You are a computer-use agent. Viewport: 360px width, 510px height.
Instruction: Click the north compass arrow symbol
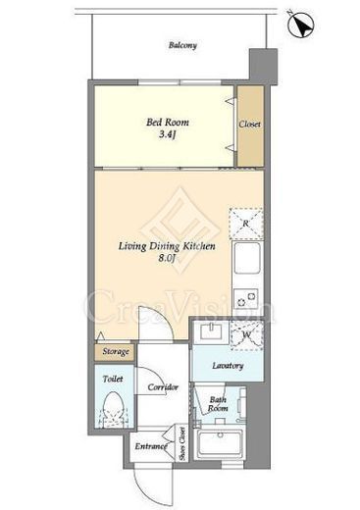pyautogui.click(x=300, y=25)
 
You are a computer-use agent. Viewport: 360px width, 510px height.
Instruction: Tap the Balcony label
pyautogui.click(x=182, y=45)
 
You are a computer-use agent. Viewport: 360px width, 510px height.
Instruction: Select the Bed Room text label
pyautogui.click(x=168, y=123)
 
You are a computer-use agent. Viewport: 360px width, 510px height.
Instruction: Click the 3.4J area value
pyautogui.click(x=168, y=134)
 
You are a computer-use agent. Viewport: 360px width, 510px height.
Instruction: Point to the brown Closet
pyautogui.click(x=250, y=126)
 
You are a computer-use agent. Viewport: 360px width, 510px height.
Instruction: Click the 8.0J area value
pyautogui.click(x=168, y=258)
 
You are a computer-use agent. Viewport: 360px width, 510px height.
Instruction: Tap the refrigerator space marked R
pyautogui.click(x=246, y=224)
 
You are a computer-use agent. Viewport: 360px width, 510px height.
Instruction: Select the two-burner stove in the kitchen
pyautogui.click(x=247, y=299)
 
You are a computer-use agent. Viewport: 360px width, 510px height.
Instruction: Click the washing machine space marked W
pyautogui.click(x=247, y=335)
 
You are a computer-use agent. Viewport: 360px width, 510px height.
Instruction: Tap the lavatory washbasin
pyautogui.click(x=211, y=331)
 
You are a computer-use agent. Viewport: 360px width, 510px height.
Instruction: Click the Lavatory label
pyautogui.click(x=228, y=366)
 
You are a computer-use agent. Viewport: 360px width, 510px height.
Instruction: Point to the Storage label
pyautogui.click(x=116, y=352)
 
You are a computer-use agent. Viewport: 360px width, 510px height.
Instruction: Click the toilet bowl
pyautogui.click(x=113, y=407)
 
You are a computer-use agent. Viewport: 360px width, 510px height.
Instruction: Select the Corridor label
pyautogui.click(x=163, y=387)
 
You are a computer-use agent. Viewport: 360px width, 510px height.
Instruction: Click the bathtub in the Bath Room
pyautogui.click(x=219, y=442)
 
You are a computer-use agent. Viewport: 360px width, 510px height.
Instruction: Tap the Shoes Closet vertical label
pyautogui.click(x=182, y=443)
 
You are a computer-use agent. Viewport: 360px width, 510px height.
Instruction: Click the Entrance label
pyautogui.click(x=151, y=446)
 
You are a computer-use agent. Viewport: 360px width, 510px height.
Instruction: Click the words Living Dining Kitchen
pyautogui.click(x=167, y=246)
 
